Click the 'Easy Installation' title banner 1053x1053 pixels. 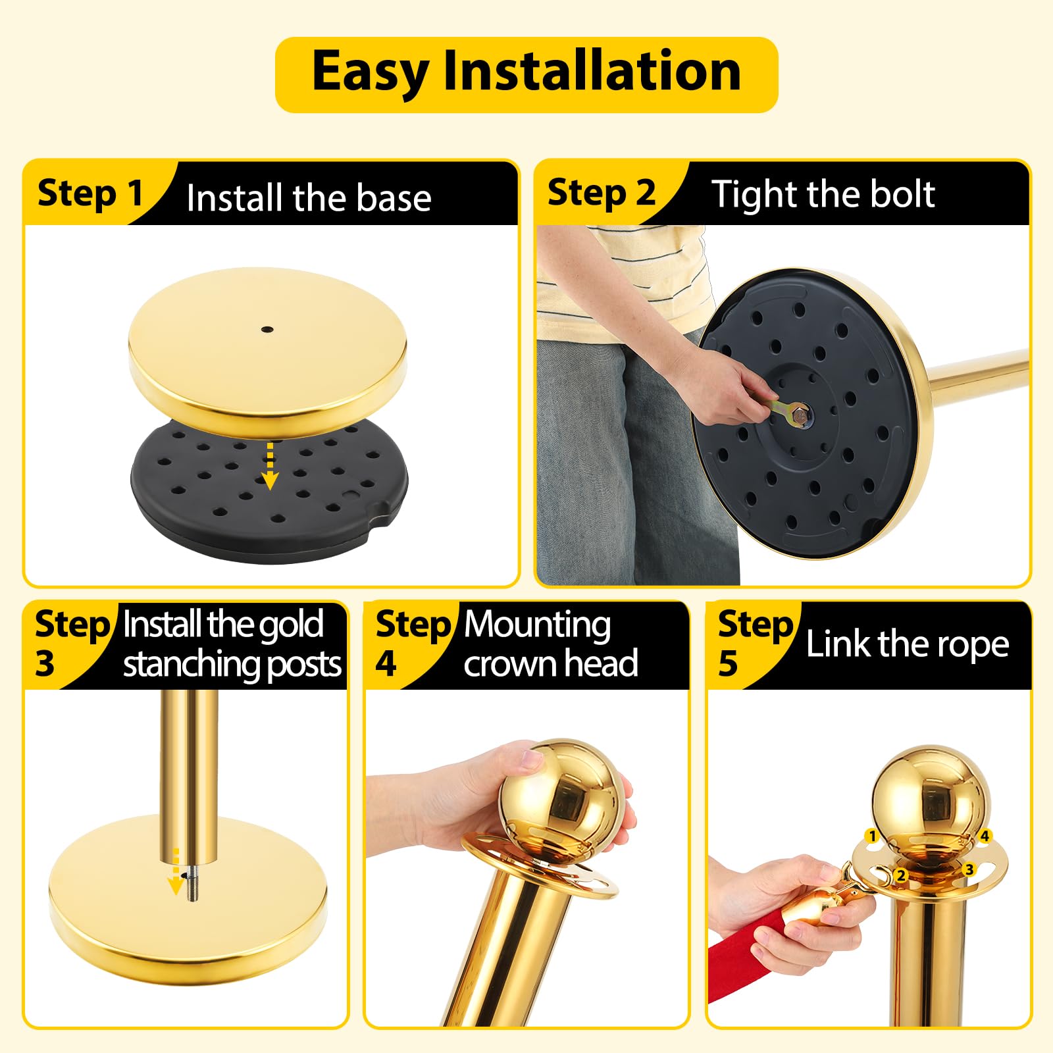pos(526,74)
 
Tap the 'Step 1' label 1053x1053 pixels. pos(90,193)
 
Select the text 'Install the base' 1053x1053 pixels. pos(309,197)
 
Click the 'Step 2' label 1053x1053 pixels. pos(602,193)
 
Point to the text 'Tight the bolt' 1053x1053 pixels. pos(823,194)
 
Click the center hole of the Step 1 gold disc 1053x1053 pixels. pos(267,328)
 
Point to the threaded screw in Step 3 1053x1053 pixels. pos(192,884)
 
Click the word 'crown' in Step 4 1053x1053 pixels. pos(509,664)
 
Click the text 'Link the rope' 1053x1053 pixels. pos(908,644)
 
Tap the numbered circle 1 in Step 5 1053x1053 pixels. pos(873,836)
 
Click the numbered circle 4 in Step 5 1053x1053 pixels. pos(985,836)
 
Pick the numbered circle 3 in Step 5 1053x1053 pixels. pos(969,869)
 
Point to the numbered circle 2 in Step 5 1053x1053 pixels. pos(901,875)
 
